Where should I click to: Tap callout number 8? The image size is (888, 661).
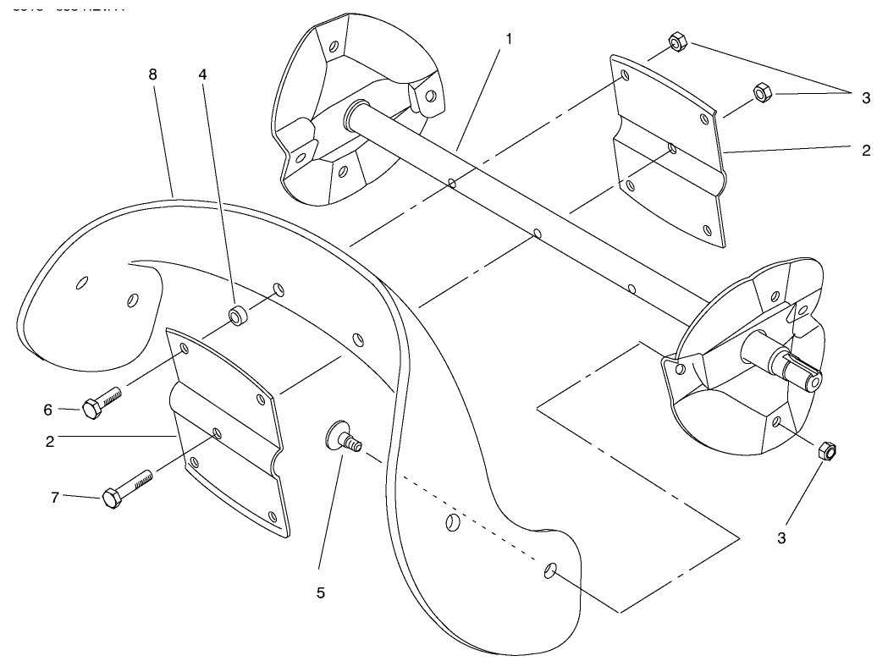click(x=152, y=74)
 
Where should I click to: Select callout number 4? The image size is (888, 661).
click(x=202, y=74)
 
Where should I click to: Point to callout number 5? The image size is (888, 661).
click(x=321, y=593)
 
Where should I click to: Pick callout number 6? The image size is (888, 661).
click(x=48, y=410)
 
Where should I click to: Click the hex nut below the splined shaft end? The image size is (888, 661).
click(x=826, y=452)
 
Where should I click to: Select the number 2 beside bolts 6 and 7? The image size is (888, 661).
click(x=50, y=441)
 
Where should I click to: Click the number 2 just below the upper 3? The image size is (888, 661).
click(x=866, y=151)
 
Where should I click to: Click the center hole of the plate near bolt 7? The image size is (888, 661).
click(x=218, y=433)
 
